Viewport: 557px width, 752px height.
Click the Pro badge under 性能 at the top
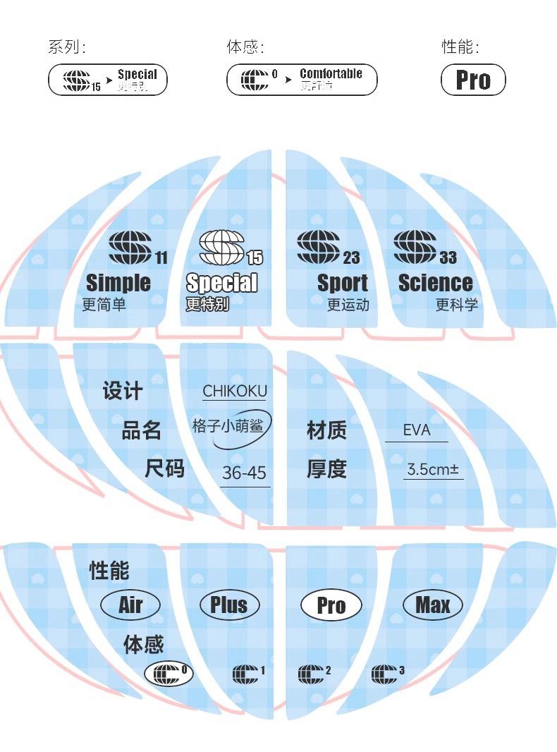[473, 80]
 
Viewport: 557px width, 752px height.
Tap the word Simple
[118, 283]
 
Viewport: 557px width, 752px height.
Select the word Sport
[343, 283]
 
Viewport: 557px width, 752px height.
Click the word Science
[435, 283]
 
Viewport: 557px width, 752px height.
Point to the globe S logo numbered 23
[319, 248]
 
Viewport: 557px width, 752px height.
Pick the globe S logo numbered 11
[130, 248]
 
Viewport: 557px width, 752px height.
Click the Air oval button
[130, 605]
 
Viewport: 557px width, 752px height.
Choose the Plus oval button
[229, 605]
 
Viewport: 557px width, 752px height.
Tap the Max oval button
[433, 605]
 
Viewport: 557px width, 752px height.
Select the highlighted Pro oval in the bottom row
[331, 605]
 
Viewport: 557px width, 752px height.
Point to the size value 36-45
[244, 473]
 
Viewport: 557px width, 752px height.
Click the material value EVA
[417, 430]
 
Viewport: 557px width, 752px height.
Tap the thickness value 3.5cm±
[433, 469]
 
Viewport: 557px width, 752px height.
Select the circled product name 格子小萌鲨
[232, 427]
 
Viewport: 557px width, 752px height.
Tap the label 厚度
[326, 469]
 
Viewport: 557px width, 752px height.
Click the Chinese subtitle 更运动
[348, 305]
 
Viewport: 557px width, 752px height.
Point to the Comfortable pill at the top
[302, 80]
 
